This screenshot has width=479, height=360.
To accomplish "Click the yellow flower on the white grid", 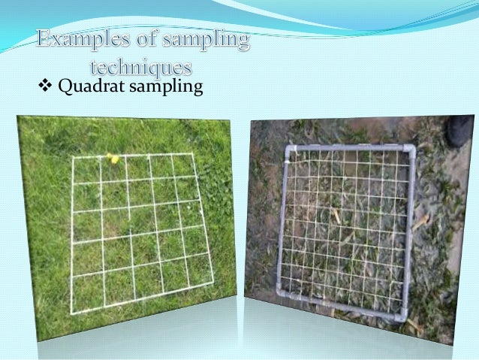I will point(113,158).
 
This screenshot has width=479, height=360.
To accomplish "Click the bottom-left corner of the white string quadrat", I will point(73,308).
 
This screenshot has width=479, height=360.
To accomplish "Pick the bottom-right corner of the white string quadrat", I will point(213,283).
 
